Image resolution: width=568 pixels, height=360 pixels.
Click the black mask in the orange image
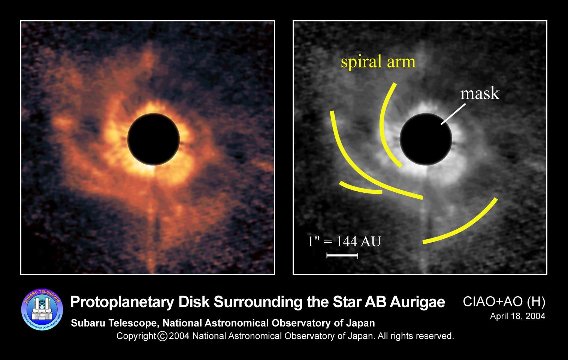click(x=153, y=139)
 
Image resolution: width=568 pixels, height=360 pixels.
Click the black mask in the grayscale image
click(x=426, y=139)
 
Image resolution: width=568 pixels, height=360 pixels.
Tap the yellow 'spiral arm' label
click(x=378, y=61)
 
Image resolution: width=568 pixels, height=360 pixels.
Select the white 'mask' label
click(x=480, y=93)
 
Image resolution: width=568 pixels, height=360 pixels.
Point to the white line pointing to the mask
click(x=453, y=114)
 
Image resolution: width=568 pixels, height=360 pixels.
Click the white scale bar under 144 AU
click(x=342, y=255)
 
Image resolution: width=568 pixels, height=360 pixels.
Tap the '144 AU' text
click(x=359, y=241)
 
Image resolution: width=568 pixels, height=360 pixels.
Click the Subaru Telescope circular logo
click(x=42, y=309)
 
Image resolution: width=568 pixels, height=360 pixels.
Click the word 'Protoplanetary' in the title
click(x=122, y=302)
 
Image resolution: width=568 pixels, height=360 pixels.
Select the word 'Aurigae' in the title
click(x=417, y=302)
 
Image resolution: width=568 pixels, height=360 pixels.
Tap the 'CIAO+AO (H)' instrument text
click(x=504, y=301)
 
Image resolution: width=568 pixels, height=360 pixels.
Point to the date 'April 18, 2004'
click(x=517, y=316)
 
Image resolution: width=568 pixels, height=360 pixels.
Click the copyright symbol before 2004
click(x=162, y=336)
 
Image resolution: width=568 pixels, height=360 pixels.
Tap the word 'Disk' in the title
click(x=194, y=302)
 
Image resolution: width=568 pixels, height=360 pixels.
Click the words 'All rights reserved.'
click(x=416, y=336)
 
